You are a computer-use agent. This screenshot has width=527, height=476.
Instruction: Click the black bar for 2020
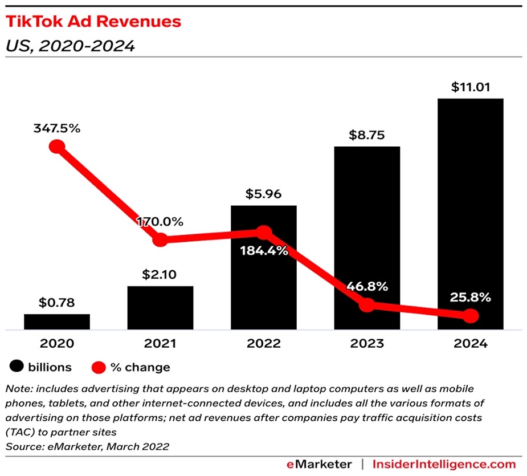coord(57,322)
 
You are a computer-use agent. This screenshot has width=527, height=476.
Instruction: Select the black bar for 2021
coord(160,308)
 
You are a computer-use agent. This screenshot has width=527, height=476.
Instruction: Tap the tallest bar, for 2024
coord(470,214)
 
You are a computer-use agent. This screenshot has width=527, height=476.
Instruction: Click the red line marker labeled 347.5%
coord(57,147)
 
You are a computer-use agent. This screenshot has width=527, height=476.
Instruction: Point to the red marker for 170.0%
coord(160,240)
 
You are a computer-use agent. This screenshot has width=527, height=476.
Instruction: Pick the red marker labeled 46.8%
coord(367,305)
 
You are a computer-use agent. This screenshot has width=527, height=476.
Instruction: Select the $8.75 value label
coord(367,136)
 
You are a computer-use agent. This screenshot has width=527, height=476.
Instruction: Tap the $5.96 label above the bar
coord(264,194)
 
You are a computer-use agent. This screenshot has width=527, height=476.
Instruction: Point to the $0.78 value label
coord(57,303)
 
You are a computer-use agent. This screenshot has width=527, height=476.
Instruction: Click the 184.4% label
coord(264,250)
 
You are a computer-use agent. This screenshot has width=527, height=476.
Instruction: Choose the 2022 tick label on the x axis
coord(264,344)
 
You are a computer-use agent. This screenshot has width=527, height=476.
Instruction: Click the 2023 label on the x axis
coord(367,344)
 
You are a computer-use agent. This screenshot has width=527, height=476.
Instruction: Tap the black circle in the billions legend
coord(17,367)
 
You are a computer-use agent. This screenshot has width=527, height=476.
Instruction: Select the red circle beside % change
coord(99,367)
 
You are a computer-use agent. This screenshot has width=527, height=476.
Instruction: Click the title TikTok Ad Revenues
coord(93,22)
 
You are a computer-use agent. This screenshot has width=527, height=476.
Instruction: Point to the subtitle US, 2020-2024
coord(70,46)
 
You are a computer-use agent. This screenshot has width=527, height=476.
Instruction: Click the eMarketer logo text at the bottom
coord(318,463)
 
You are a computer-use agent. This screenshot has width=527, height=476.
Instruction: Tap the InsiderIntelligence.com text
coord(444,463)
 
